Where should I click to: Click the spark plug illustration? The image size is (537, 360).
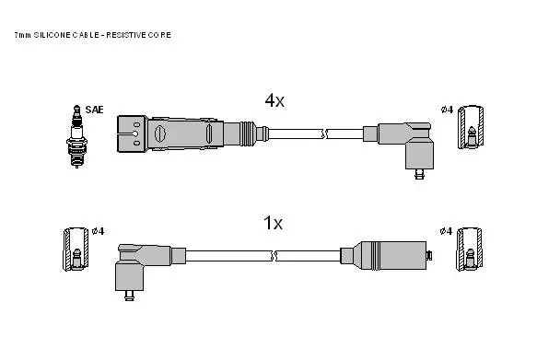(76, 136)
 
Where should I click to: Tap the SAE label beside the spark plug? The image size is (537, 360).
(94, 110)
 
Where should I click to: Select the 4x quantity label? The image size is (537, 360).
(274, 100)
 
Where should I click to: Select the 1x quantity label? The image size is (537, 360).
(273, 223)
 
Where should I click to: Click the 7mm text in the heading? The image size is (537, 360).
(23, 35)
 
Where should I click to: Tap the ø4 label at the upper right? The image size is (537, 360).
(447, 110)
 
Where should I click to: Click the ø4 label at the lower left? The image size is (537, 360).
(98, 231)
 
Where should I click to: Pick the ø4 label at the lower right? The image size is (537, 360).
(446, 231)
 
